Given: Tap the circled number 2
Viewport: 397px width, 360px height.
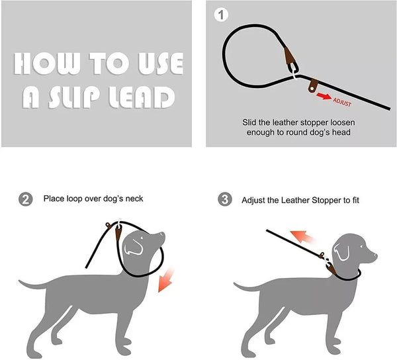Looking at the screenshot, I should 26,199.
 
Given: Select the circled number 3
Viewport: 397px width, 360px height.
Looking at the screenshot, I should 225,199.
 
